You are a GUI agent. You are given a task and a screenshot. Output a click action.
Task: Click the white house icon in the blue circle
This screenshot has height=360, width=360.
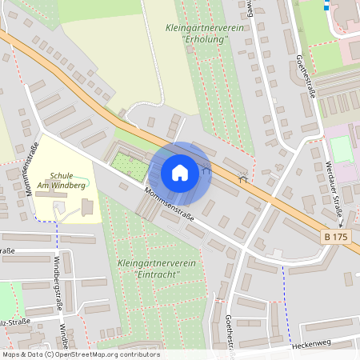click(180, 172)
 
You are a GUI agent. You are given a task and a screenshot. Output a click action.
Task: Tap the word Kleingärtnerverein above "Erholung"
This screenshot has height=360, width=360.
click(203, 27)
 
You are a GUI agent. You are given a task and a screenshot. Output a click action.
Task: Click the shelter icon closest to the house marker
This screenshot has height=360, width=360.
click(206, 168)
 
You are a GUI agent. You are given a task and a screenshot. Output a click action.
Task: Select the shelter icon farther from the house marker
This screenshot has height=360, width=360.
click(242, 178)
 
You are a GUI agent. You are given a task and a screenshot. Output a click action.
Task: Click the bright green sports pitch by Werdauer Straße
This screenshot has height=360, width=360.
click(342, 150)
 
